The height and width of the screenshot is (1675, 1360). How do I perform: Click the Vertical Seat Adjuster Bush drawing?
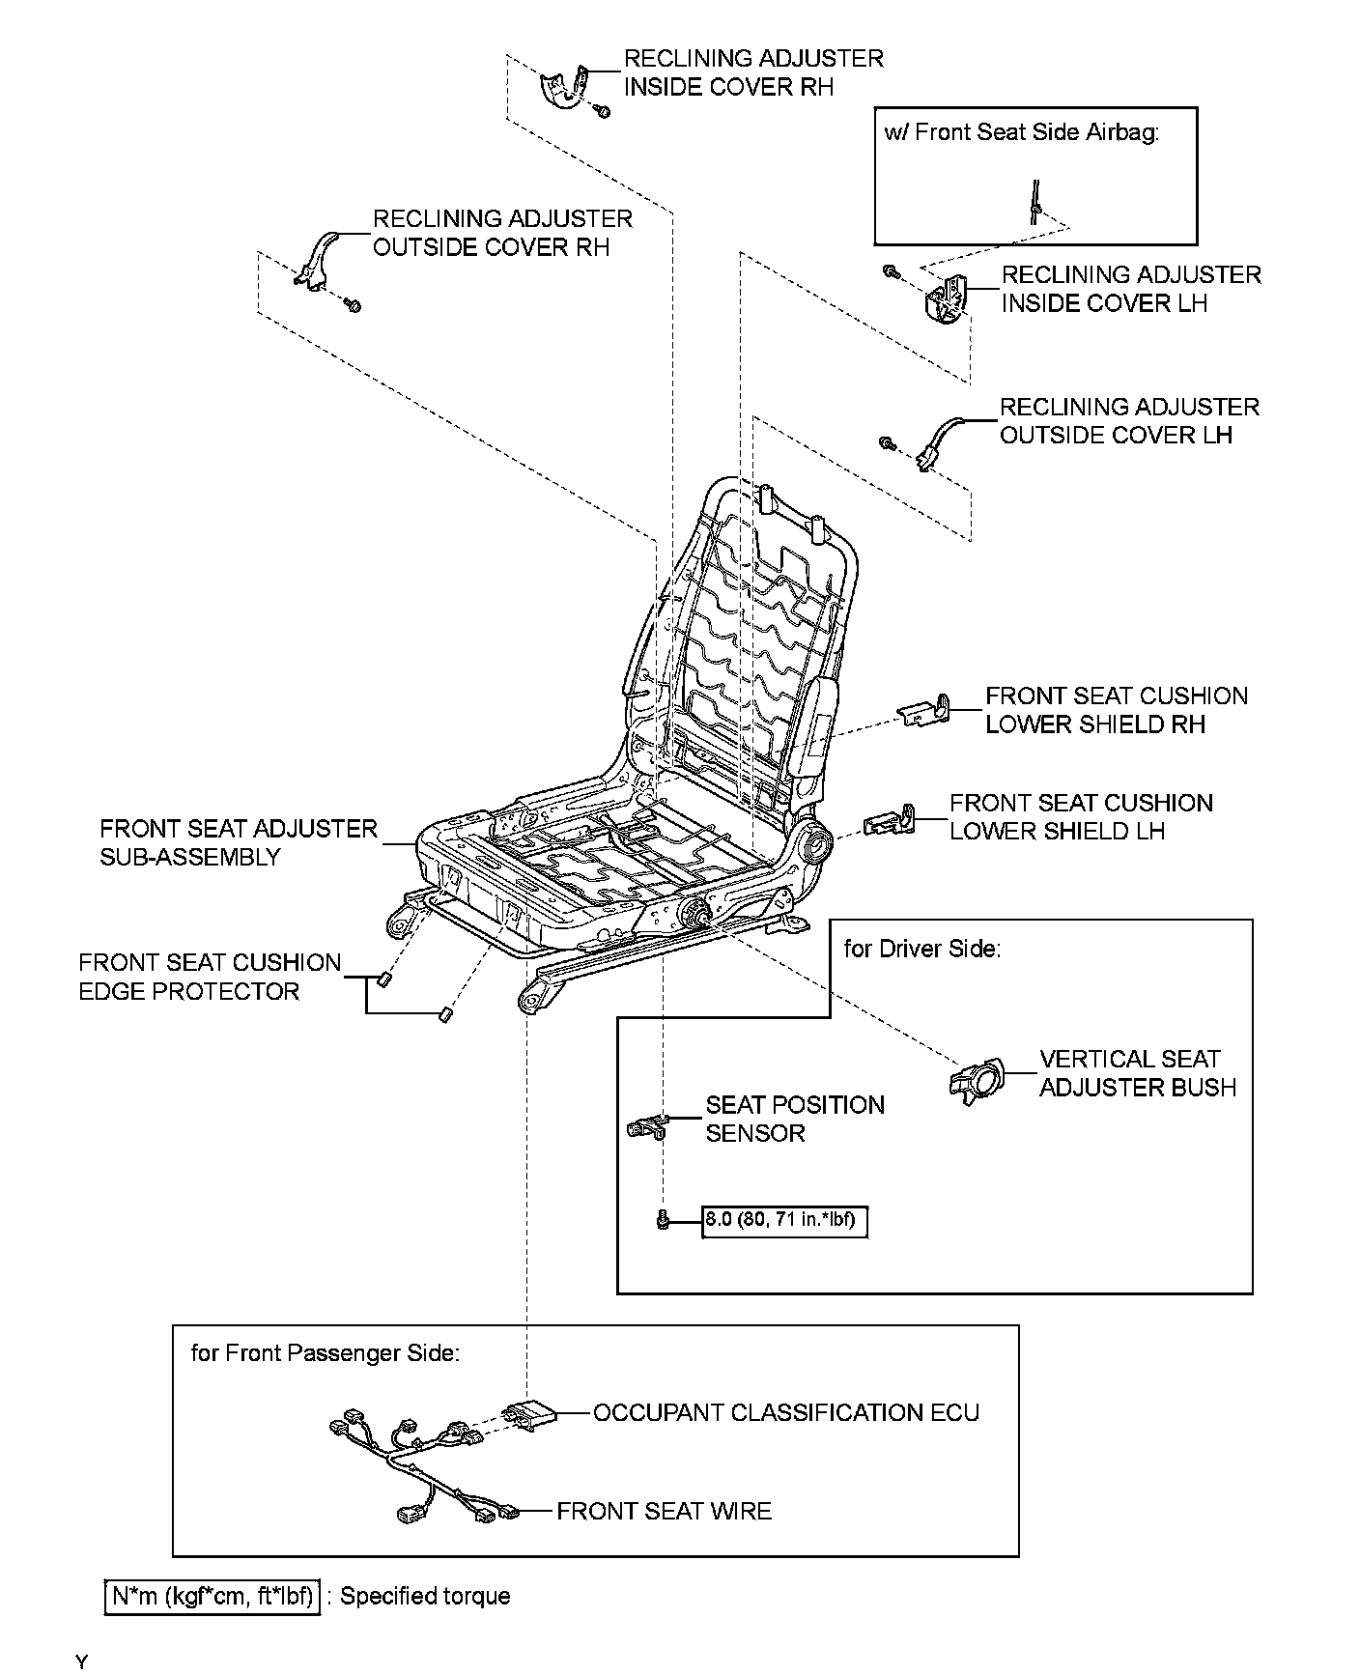click(978, 1080)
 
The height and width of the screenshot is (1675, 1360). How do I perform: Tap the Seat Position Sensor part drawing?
click(646, 1124)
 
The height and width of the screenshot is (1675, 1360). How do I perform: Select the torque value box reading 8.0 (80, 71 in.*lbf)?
click(783, 1220)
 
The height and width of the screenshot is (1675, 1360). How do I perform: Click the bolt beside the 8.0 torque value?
click(662, 1221)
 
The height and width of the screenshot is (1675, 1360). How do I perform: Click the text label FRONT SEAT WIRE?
click(664, 1511)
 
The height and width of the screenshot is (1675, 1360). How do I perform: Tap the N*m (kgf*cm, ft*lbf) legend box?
click(212, 1596)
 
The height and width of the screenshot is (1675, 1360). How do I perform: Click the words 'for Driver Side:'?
click(921, 949)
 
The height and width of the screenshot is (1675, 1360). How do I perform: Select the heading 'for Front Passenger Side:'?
click(325, 1352)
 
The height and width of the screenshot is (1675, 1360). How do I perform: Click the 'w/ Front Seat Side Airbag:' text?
click(1021, 132)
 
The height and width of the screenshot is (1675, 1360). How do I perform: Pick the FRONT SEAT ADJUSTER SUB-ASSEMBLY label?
click(238, 842)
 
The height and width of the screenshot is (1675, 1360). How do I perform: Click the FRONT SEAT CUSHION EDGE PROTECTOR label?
click(210, 977)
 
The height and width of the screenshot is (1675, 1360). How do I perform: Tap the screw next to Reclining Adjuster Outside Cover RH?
click(354, 306)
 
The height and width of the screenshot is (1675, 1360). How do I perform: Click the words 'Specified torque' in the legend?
click(425, 1596)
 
